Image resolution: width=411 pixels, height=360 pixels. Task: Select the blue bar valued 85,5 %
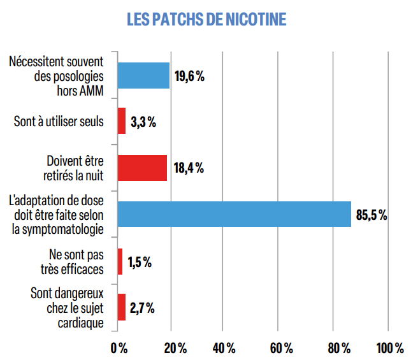coord(234,214)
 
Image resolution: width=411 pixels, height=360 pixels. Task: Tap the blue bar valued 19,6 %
coord(143,75)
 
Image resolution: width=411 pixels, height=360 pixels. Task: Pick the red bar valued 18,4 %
coord(141,168)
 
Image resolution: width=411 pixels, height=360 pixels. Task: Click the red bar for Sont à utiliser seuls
coord(121,121)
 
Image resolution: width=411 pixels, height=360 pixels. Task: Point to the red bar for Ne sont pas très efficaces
coord(119,261)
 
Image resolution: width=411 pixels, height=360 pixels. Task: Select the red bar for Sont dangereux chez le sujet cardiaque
coord(121,307)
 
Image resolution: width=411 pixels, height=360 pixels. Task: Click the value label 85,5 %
coord(371,215)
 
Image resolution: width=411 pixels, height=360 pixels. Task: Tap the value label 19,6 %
coord(189,76)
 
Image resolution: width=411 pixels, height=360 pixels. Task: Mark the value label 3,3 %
coord(143,122)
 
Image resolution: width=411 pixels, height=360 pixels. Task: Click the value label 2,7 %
coord(141,308)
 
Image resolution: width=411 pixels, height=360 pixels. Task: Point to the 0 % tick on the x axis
coord(119,349)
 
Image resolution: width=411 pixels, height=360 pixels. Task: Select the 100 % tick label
coord(390,349)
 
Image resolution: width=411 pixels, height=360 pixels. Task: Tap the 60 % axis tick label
coord(280,349)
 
